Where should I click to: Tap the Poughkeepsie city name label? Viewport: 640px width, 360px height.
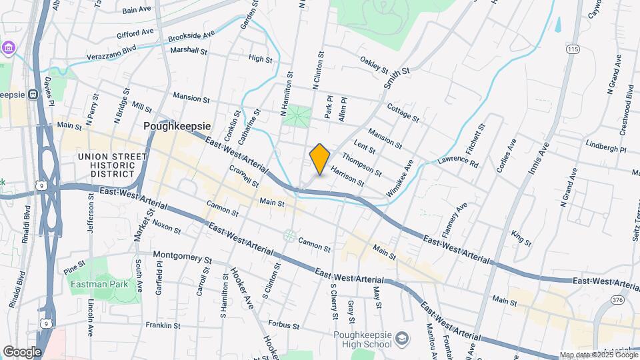(x=177, y=125)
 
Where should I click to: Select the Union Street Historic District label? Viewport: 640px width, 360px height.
(x=112, y=165)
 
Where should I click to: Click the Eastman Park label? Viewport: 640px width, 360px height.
(x=93, y=283)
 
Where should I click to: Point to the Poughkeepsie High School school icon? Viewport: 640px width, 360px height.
(x=402, y=339)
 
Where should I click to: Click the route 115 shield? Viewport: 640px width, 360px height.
(x=573, y=49)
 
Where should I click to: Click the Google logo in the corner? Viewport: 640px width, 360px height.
(x=22, y=351)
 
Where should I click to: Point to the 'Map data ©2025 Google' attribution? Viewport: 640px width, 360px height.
(x=599, y=355)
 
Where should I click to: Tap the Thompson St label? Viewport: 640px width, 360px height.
(x=361, y=165)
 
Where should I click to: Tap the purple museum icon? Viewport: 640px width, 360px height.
(x=7, y=48)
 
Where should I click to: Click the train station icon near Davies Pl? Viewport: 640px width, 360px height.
(x=32, y=95)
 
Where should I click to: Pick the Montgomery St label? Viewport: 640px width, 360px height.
(x=181, y=256)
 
